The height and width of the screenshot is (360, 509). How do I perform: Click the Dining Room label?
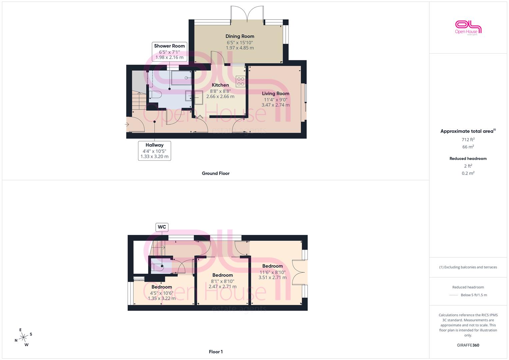tap(240, 36)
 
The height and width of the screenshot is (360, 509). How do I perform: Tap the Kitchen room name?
tap(220, 85)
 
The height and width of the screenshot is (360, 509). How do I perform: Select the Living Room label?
tap(275, 93)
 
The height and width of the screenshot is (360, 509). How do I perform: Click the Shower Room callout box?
tap(170, 52)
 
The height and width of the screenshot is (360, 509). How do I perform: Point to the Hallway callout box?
tap(155, 151)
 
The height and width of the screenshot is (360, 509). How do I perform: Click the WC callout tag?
tap(162, 227)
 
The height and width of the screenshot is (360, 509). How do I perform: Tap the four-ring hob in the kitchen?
tap(241, 81)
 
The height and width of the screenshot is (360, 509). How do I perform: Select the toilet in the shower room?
tap(155, 94)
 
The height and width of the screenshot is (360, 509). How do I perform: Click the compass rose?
tap(23, 337)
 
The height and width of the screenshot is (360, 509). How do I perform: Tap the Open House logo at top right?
tap(468, 28)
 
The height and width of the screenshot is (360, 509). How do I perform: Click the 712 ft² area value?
tap(468, 140)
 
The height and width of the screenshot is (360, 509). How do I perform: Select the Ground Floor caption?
tap(216, 173)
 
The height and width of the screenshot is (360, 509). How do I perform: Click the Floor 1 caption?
tap(216, 352)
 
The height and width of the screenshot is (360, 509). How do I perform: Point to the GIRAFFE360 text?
tap(468, 345)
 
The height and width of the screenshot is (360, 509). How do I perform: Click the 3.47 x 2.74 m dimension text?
tap(275, 105)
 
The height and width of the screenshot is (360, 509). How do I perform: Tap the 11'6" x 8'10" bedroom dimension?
tap(272, 272)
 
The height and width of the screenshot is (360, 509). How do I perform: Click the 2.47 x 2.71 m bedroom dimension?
tap(222, 287)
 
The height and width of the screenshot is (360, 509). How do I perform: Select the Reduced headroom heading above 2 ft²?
tap(468, 159)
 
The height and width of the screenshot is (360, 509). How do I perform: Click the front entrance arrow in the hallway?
tap(127, 124)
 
